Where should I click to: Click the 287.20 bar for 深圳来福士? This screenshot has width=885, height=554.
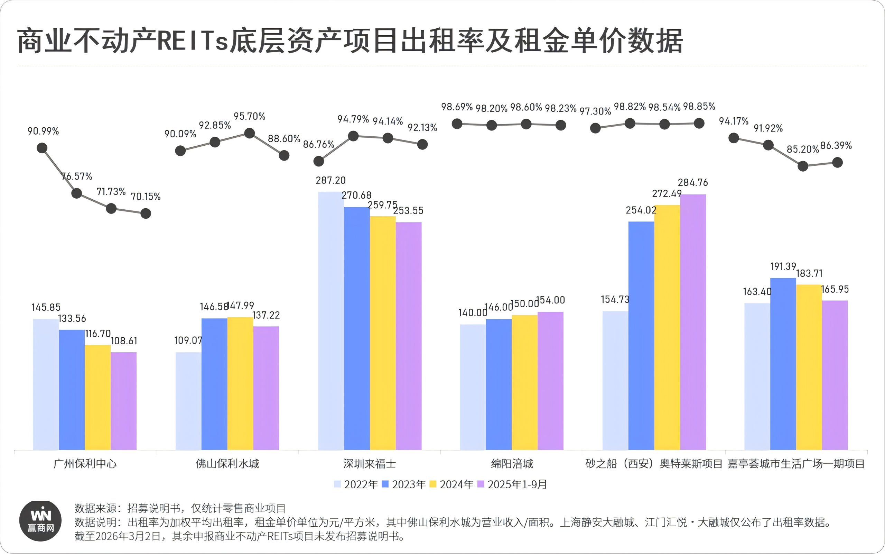[x=330, y=321]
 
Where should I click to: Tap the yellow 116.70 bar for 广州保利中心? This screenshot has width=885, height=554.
[x=97, y=397]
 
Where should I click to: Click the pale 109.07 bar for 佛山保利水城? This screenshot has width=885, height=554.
[x=188, y=401]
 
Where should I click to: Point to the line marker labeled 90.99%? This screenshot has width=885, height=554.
[x=42, y=148]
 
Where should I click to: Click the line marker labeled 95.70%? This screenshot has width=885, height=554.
[x=249, y=133]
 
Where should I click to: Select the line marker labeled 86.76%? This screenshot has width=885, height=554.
[x=318, y=161]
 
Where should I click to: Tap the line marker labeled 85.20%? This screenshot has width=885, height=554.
[x=802, y=166]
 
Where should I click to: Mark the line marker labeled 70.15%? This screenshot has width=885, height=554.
[x=146, y=213]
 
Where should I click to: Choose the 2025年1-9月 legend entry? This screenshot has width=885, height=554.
[x=512, y=484]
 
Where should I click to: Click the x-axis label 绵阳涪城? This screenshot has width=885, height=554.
[x=512, y=464]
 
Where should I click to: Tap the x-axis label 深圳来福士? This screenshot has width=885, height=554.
[x=370, y=464]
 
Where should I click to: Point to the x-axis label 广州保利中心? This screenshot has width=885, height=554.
[x=85, y=464]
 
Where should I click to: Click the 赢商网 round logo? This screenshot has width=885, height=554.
[x=40, y=521]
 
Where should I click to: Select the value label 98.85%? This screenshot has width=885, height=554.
[x=699, y=107]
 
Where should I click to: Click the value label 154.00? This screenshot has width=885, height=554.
[x=550, y=300]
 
